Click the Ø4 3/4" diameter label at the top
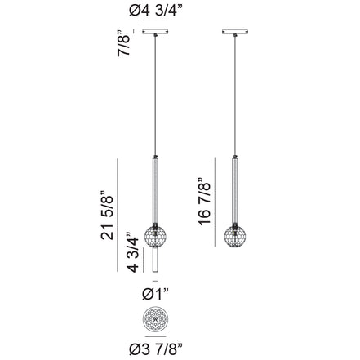click(153, 11)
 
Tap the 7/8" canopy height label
click(124, 42)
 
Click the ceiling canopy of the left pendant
click(153, 33)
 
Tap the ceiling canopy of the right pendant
click(234, 33)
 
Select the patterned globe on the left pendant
click(153, 233)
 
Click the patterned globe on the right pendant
click(234, 233)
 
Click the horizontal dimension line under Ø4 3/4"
click(153, 24)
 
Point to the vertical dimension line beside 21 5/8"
click(119, 216)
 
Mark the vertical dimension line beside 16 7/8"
click(217, 200)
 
